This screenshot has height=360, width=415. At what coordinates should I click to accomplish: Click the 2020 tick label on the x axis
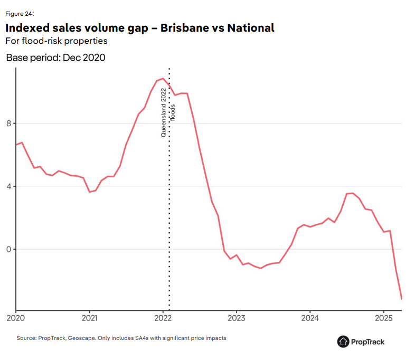click(x=16, y=319)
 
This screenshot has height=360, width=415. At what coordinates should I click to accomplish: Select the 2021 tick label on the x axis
click(x=89, y=319)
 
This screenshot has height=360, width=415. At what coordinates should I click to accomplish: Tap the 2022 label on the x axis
click(x=163, y=319)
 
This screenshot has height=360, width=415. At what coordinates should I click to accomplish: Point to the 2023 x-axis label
click(x=236, y=319)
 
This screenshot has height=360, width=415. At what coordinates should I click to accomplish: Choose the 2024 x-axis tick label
click(x=309, y=319)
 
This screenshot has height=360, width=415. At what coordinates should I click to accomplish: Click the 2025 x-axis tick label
click(x=383, y=319)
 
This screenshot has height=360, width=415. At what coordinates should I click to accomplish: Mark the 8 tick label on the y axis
click(x=8, y=124)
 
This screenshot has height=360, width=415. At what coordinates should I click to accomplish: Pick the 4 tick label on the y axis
click(x=8, y=186)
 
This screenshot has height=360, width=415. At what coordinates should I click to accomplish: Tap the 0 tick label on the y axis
click(x=8, y=249)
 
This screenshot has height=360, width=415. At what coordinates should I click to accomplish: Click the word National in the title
click(x=250, y=27)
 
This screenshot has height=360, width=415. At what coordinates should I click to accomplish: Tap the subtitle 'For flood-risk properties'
click(x=56, y=41)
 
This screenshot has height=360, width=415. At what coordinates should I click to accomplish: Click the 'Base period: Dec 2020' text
click(x=55, y=58)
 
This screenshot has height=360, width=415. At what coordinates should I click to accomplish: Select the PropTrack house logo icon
click(x=343, y=342)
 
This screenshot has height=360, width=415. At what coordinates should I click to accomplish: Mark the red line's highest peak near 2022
click(x=163, y=79)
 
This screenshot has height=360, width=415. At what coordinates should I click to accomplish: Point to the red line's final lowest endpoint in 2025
click(x=402, y=299)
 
